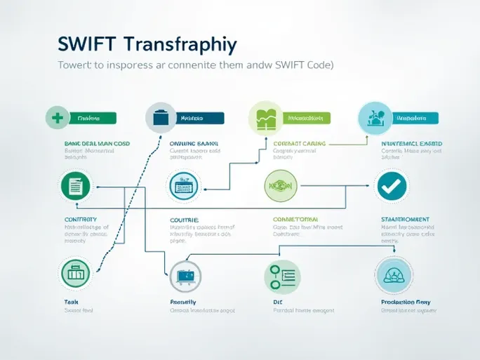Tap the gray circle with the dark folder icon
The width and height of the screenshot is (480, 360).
click(x=160, y=118)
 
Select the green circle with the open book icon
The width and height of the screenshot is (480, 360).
click(x=265, y=117)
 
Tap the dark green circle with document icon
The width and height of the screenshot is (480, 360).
click(x=76, y=186)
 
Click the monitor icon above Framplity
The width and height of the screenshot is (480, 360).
click(x=184, y=276)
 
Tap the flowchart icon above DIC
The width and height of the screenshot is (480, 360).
click(x=281, y=276)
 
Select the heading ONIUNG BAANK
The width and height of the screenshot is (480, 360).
click(x=195, y=142)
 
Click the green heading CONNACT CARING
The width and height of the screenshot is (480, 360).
click(x=299, y=142)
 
